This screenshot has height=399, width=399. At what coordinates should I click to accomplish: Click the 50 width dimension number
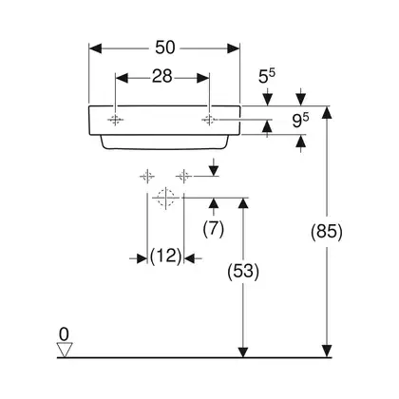[x=164, y=47]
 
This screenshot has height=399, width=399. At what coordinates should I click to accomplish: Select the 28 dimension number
[x=162, y=77]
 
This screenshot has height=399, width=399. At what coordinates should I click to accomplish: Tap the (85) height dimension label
[x=327, y=232]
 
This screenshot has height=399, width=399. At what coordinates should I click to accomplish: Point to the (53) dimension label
[x=243, y=272]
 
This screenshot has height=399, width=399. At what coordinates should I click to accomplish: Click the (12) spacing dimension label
[x=165, y=256]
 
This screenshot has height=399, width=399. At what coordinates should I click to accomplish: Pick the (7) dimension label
[x=214, y=229]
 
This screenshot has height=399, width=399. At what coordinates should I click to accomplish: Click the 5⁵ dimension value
[x=267, y=76]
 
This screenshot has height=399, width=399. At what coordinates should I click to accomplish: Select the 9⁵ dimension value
[x=300, y=121]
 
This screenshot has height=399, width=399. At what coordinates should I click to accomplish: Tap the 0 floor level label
[x=64, y=334]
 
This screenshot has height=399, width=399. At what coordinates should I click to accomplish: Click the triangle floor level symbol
[x=65, y=350]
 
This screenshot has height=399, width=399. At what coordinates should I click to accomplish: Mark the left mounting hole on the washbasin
[x=115, y=120]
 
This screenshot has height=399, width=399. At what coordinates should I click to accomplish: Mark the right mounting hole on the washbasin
[x=209, y=120]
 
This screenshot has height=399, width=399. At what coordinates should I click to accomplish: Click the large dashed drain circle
[x=166, y=198]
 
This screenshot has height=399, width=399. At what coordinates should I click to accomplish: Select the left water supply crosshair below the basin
[x=147, y=176]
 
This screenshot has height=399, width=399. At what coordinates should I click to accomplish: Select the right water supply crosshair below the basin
[x=183, y=176]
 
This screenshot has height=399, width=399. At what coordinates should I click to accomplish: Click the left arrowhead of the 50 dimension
[x=95, y=48]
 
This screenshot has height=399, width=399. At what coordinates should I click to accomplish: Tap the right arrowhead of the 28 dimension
[x=202, y=78]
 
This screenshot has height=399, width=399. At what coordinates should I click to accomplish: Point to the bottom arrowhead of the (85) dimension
[x=327, y=351]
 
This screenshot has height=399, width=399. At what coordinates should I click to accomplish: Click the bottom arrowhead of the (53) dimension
[x=243, y=351]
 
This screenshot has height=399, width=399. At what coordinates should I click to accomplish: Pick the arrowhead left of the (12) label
[x=142, y=258]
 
